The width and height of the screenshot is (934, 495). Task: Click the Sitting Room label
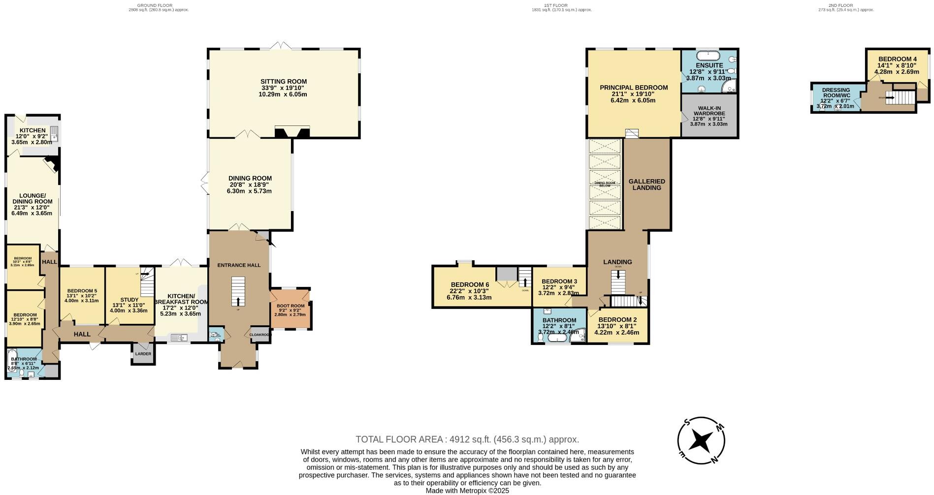coord(284,82)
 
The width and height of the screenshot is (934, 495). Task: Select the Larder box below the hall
coord(143,354)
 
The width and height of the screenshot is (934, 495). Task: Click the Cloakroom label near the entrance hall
coord(259,335)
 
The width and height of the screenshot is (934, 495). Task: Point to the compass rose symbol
coord(701,440)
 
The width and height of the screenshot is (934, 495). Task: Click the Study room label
coord(129,299)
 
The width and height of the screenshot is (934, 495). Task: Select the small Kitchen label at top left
coord(32,130)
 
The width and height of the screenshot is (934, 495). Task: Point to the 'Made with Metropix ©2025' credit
coord(467,491)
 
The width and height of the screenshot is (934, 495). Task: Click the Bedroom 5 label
coord(82,291)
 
